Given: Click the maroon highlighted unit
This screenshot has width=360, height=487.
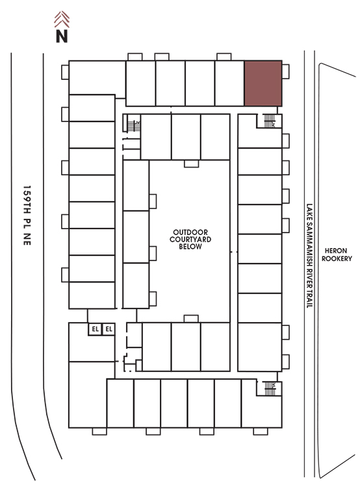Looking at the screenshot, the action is point(263,83).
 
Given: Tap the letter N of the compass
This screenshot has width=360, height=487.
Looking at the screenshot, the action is point(62,36).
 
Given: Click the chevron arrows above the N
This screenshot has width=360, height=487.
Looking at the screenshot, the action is point(62,19).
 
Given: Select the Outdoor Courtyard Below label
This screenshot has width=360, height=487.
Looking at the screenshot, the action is point(190,239).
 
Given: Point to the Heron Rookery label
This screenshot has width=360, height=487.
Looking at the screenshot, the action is point(337,255).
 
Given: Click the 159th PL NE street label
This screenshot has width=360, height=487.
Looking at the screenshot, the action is point(27,216).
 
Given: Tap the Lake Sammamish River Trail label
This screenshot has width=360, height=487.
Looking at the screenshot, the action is point(309,256).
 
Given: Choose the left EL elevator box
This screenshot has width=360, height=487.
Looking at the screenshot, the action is point(95,329).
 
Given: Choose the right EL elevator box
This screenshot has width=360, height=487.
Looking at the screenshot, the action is point(109,329).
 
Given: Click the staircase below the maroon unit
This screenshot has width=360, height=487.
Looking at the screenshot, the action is point(270,121).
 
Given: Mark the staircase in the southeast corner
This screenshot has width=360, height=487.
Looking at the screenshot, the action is point(270,388).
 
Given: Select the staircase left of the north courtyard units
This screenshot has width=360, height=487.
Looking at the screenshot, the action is point(134,126).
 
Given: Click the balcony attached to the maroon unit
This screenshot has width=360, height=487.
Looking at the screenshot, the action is point(285,71).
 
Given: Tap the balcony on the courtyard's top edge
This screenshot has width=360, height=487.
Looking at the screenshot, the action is point(191,164).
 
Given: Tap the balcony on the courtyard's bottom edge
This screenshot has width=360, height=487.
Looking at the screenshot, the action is point(191,319).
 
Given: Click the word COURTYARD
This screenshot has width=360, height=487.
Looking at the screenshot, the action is point(190,239).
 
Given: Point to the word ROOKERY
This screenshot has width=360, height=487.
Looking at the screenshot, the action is point(337,258).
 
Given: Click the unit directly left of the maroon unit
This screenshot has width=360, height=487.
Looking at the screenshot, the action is point(229,83).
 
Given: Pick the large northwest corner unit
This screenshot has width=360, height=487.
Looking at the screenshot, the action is point(97,78).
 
